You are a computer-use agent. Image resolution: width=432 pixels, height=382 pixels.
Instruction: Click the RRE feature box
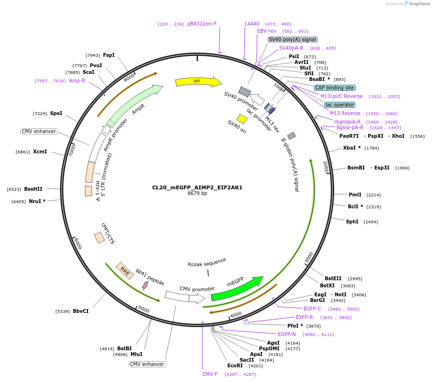click(125, 271)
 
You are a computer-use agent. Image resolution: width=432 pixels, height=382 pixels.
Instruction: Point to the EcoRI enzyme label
click(235, 365)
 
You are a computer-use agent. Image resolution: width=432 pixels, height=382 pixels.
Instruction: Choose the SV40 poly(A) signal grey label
click(293, 40)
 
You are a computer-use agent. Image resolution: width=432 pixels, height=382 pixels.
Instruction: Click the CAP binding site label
click(335, 88)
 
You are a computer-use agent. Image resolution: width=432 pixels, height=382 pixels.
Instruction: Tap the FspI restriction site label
click(109, 55)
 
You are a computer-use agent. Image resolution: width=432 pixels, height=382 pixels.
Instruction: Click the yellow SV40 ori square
click(242, 118)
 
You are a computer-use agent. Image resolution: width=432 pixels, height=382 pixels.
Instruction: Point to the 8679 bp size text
click(197, 194)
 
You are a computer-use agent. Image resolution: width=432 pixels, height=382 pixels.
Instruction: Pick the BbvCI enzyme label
click(80, 311)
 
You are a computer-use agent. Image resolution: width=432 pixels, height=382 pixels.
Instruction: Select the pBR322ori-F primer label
click(202, 24)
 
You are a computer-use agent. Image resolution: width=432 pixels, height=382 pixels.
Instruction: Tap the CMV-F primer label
click(210, 374)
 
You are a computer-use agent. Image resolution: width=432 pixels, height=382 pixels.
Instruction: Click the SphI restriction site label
click(352, 222)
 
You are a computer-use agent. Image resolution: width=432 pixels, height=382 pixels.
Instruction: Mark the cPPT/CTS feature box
click(99, 238)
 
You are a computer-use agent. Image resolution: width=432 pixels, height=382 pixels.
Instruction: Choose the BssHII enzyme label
click(34, 189)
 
